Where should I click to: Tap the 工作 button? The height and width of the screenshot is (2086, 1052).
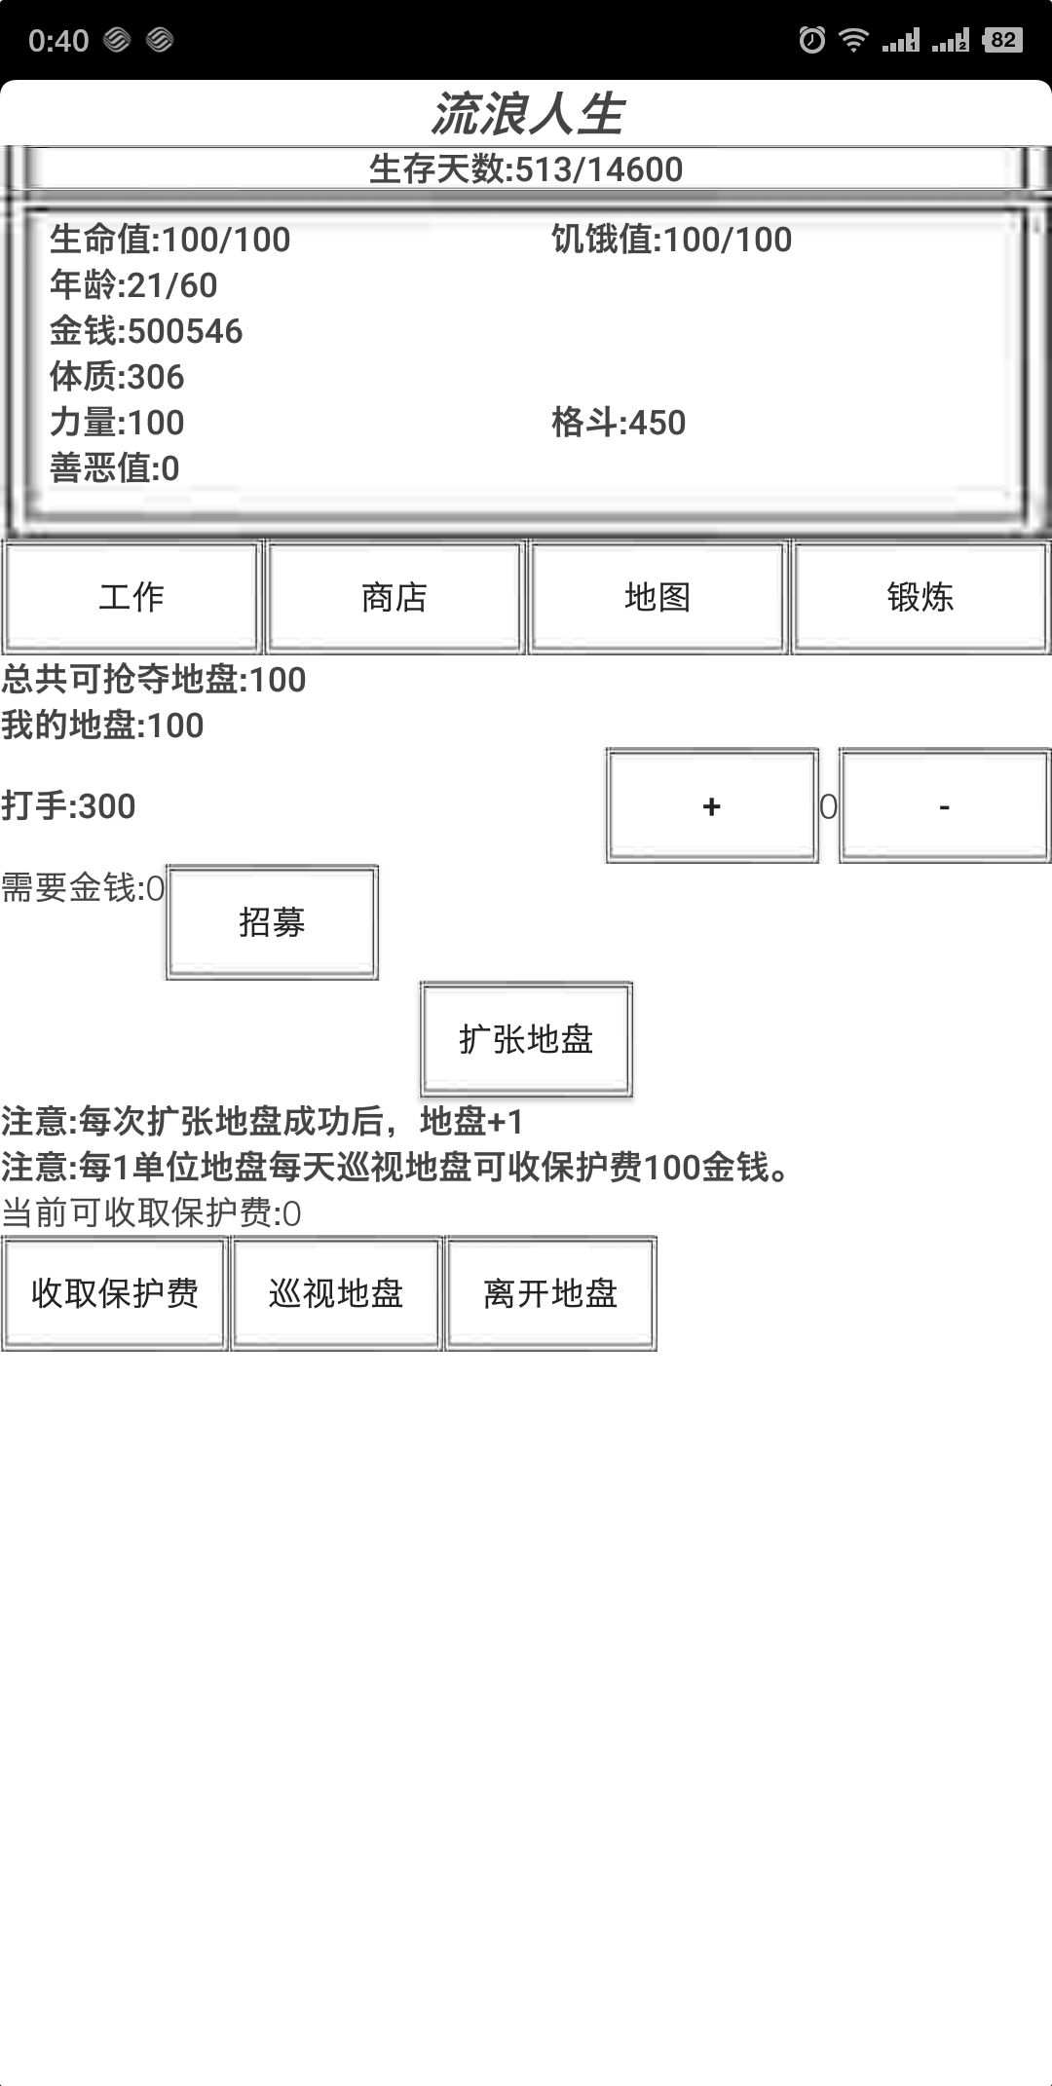pyautogui.click(x=131, y=597)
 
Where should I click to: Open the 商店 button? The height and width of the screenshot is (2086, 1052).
pyautogui.click(x=394, y=597)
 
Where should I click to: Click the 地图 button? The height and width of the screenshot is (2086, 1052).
pyautogui.click(x=657, y=597)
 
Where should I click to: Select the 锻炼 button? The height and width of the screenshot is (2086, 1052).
pyautogui.click(x=920, y=597)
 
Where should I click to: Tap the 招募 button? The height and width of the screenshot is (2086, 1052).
pyautogui.click(x=272, y=922)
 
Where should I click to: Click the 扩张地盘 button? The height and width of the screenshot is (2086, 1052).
pyautogui.click(x=526, y=1039)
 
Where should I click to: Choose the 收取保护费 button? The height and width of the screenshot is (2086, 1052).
pyautogui.click(x=115, y=1293)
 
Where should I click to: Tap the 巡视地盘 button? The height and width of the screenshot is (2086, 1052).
pyautogui.click(x=336, y=1293)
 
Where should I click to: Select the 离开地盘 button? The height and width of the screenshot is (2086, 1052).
pyautogui.click(x=550, y=1293)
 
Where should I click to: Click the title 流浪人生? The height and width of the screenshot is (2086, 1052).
pyautogui.click(x=526, y=114)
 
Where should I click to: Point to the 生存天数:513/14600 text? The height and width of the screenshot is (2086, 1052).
pyautogui.click(x=526, y=169)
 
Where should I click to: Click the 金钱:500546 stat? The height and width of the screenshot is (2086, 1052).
pyautogui.click(x=146, y=331)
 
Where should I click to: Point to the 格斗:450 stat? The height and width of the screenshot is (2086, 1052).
pyautogui.click(x=619, y=423)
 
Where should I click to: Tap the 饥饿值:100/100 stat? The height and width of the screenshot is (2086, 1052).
pyautogui.click(x=671, y=240)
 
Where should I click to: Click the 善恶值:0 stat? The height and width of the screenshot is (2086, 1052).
pyautogui.click(x=115, y=468)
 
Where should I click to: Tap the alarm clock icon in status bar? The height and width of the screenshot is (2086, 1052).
pyautogui.click(x=811, y=40)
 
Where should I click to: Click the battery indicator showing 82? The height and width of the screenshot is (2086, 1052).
pyautogui.click(x=1002, y=40)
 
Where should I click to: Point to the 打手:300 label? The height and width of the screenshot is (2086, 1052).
pyautogui.click(x=68, y=806)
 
